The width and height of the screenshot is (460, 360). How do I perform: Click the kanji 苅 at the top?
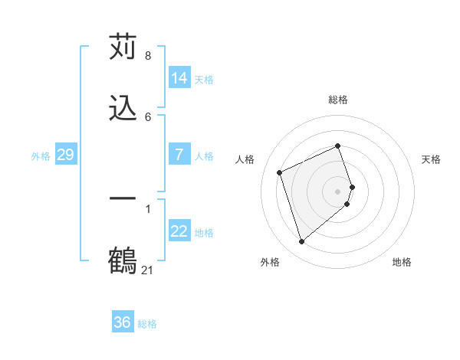coord(123,47)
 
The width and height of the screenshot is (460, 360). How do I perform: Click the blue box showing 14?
coord(179,78)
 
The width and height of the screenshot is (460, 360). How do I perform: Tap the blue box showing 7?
coord(179,155)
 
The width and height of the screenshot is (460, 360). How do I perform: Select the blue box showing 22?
coord(179,231)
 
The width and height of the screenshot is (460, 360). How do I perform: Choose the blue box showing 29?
coord(66,155)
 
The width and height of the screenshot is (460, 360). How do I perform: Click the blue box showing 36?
coord(123,322)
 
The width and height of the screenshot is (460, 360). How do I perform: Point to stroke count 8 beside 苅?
coord(147,56)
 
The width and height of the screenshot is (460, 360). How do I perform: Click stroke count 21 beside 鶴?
coord(148,270)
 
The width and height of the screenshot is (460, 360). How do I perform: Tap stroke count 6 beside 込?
coord(147,116)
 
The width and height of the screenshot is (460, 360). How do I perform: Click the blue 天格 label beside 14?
coord(204,79)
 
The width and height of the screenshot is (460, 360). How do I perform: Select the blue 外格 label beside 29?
coord(41,155)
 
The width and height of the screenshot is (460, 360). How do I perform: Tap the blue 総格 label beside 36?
coord(147,323)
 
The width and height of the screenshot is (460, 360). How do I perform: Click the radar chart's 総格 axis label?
coord(338,100)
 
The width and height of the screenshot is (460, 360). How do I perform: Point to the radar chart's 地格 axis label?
coord(402,262)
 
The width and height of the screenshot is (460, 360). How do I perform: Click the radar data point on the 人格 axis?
coord(280,172)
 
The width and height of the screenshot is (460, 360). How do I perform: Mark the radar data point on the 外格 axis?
coord(301,242)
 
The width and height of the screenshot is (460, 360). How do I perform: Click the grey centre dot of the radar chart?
coord(338,191)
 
